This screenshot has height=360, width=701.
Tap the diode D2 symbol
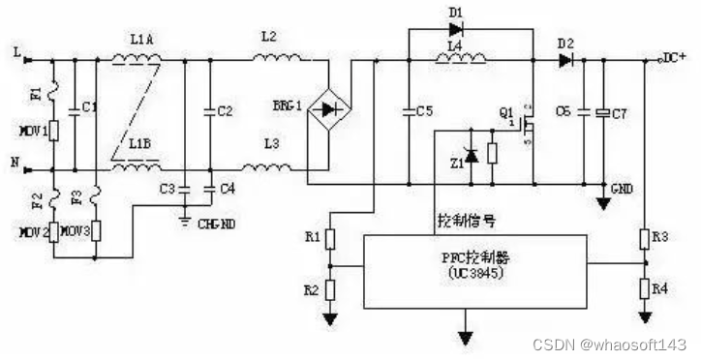(x=565, y=60)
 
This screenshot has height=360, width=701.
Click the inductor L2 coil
(x=279, y=60)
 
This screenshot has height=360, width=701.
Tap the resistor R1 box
(x=331, y=238)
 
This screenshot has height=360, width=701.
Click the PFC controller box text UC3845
(x=471, y=274)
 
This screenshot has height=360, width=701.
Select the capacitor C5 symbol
(x=408, y=112)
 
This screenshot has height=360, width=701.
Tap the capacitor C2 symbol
(x=210, y=111)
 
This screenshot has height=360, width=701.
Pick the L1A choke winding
(x=137, y=60)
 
